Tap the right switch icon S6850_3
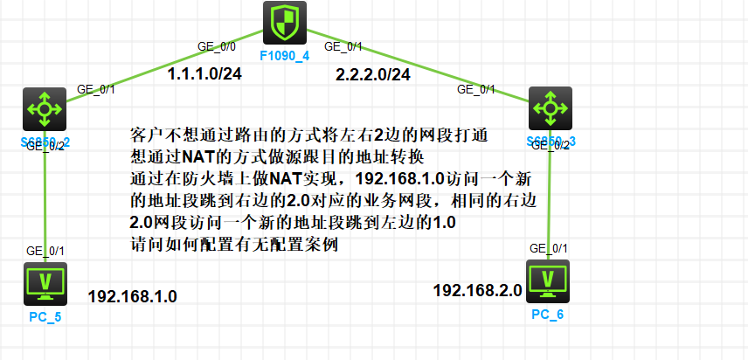(550, 109)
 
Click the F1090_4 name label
(285, 57)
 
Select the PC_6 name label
(548, 313)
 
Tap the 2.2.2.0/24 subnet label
(372, 76)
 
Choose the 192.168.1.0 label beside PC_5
(132, 297)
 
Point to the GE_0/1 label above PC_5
(45, 251)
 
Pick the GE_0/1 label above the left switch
(96, 88)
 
